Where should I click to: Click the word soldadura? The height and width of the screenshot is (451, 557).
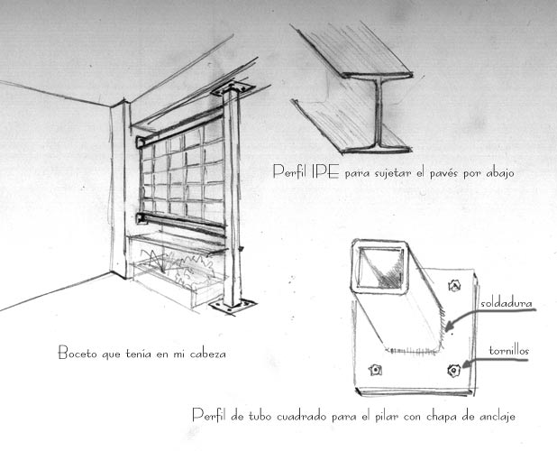coord(507,304)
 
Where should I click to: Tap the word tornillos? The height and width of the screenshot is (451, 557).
coord(509,351)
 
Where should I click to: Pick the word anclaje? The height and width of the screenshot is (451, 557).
coord(498,417)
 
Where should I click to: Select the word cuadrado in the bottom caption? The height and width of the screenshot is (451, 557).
coord(301,417)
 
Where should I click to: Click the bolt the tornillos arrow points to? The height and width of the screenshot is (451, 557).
coord(453,371)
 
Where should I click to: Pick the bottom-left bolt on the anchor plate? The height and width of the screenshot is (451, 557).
coord(375,371)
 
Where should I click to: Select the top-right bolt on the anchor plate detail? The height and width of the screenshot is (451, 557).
coord(454,285)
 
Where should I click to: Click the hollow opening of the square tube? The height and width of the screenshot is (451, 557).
coord(380,267)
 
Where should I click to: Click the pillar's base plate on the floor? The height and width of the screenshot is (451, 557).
coord(233,307)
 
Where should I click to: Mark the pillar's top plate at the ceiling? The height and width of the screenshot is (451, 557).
coord(233,89)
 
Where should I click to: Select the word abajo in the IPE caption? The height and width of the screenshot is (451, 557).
coord(499,172)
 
